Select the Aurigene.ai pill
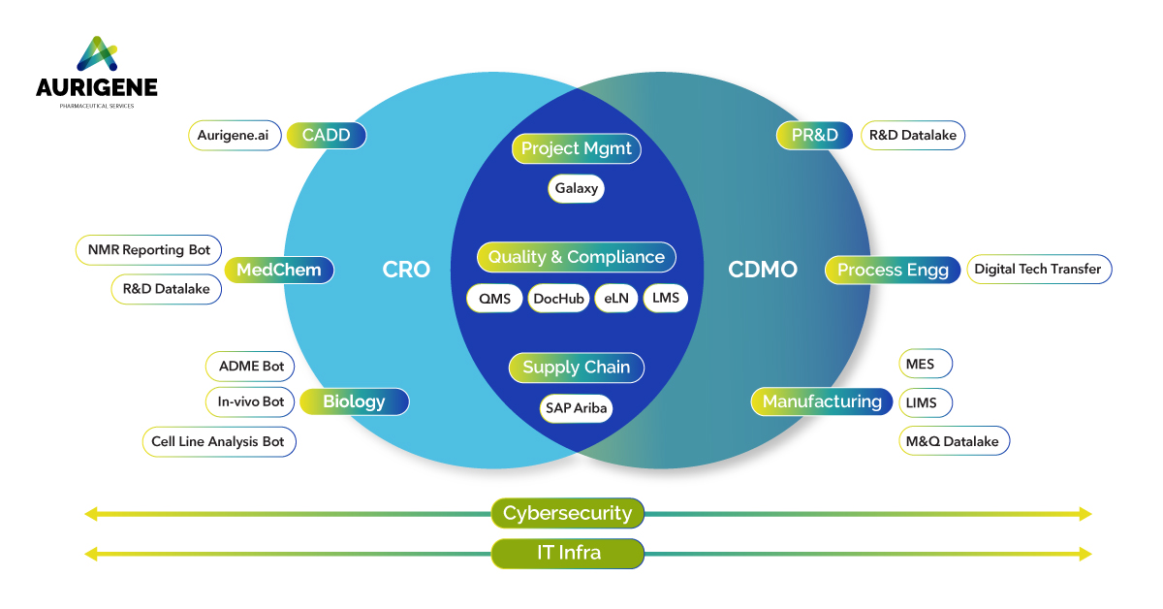(x=234, y=135)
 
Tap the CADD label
(x=326, y=135)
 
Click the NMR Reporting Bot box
(x=148, y=250)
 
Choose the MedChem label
(x=279, y=270)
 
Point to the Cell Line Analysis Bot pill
(x=218, y=441)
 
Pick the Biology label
(x=354, y=401)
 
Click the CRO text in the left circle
(x=406, y=270)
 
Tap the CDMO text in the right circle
(x=763, y=270)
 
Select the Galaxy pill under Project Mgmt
(x=577, y=188)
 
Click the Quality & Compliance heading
(x=577, y=257)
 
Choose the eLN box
(x=616, y=298)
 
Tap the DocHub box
(x=559, y=298)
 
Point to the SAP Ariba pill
(x=577, y=408)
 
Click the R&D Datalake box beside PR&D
(x=913, y=135)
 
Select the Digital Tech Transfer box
(x=1038, y=270)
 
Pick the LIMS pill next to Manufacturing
(x=925, y=402)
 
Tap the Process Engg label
(x=893, y=270)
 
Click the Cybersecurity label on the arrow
(x=567, y=513)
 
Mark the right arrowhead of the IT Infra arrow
(x=1084, y=554)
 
